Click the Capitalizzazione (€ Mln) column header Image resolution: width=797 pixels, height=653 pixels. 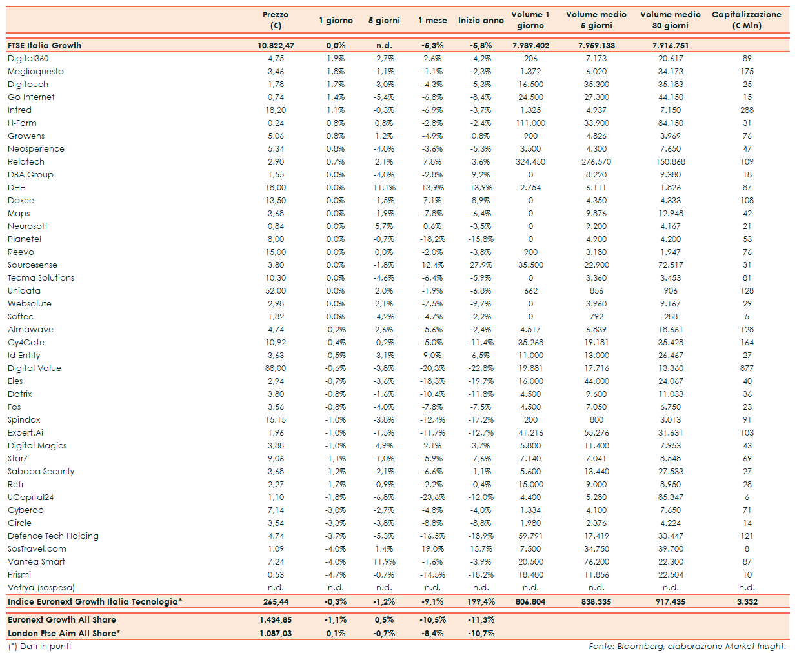[747, 20]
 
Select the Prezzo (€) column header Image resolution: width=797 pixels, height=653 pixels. [276, 20]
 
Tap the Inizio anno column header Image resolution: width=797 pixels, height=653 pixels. [481, 21]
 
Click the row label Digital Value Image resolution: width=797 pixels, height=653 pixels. [34, 368]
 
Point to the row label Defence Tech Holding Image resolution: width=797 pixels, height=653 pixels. [53, 536]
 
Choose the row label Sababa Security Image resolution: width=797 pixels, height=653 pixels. [41, 472]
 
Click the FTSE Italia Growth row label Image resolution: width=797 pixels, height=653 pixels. [45, 46]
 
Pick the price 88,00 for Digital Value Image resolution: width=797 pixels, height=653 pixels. [276, 368]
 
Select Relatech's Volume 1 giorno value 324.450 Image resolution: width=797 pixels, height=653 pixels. [530, 162]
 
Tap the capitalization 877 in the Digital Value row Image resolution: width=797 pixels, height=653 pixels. [747, 368]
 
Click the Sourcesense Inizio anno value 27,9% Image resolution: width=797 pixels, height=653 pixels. [481, 265]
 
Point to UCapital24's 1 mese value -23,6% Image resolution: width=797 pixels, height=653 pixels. [432, 497]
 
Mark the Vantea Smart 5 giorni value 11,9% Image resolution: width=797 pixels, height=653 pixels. [384, 562]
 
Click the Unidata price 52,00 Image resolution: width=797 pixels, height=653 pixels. [276, 291]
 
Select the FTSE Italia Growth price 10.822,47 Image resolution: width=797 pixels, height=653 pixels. [276, 46]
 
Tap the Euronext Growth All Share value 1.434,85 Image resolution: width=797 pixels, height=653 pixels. [276, 620]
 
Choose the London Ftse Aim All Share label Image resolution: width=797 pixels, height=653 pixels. [63, 634]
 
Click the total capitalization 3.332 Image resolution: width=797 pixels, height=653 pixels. [747, 602]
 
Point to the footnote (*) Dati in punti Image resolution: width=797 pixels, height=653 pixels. [39, 647]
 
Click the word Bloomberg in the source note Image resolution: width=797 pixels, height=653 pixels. [640, 647]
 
